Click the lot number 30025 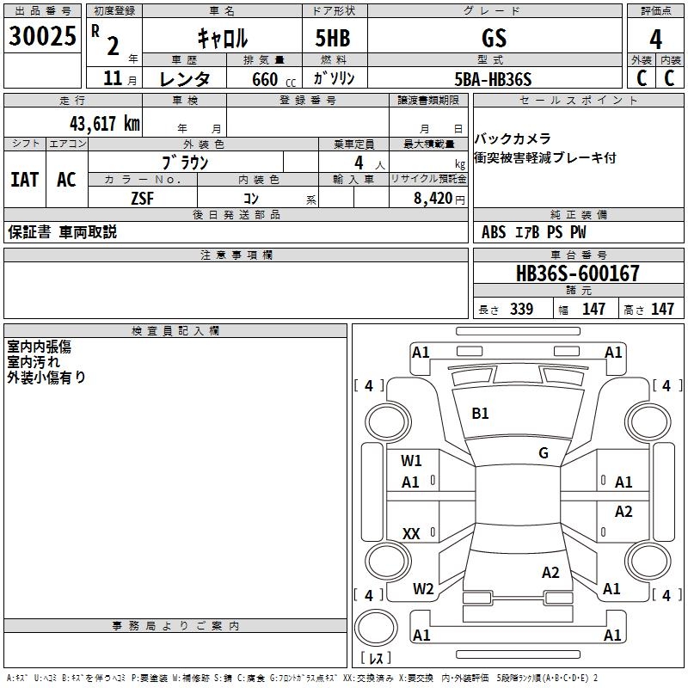click(43, 36)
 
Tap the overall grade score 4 click(655, 39)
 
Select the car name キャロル click(222, 37)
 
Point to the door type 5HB click(333, 38)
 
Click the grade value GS click(494, 38)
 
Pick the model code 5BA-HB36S click(494, 79)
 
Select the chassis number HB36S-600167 click(578, 273)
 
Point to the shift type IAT click(24, 180)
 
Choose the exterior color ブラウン click(185, 162)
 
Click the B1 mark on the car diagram click(480, 414)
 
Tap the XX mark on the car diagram click(411, 534)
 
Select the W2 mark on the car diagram click(422, 589)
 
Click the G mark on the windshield click(543, 453)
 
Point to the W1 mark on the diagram click(411, 460)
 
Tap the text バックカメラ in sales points click(513, 138)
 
